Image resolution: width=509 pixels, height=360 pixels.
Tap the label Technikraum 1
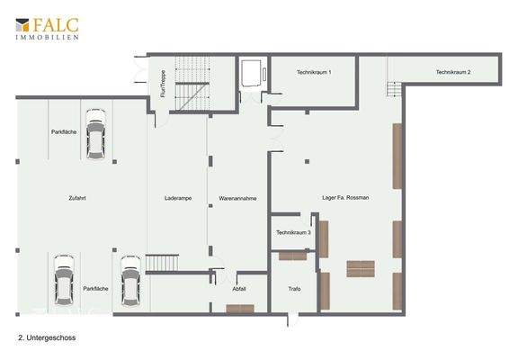[315, 72]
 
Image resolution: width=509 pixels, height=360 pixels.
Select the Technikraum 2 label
[453, 72]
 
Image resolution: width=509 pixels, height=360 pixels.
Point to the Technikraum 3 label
[293, 232]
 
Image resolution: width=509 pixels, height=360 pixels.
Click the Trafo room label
[293, 289]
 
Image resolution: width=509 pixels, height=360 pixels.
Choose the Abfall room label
[238, 288]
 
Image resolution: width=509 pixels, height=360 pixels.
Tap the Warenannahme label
[238, 197]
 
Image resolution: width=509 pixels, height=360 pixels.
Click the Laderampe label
[177, 197]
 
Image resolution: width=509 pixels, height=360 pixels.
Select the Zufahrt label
[76, 197]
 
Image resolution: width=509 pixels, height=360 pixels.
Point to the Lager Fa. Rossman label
[345, 197]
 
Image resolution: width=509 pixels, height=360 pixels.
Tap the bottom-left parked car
[64, 279]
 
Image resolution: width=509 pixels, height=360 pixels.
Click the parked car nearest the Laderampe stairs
[130, 279]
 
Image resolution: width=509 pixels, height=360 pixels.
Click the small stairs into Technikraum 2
[392, 88]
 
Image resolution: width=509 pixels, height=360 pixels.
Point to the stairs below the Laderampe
[163, 262]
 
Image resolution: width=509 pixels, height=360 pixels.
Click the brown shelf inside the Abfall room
[240, 309]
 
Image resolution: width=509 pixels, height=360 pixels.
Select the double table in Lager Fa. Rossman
[361, 267]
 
